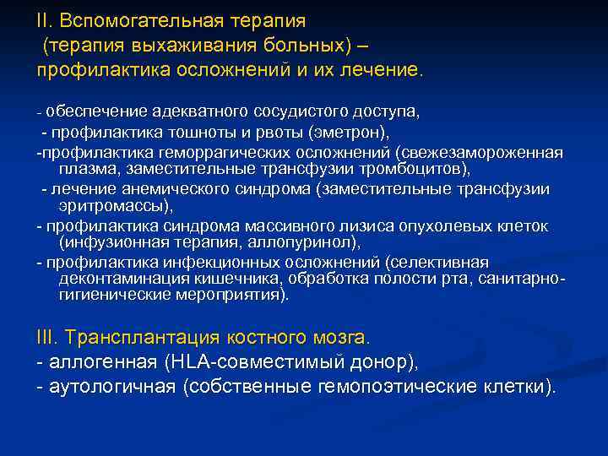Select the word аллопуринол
pyautogui.click(x=312, y=242)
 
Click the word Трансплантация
pyautogui.click(x=156, y=338)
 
